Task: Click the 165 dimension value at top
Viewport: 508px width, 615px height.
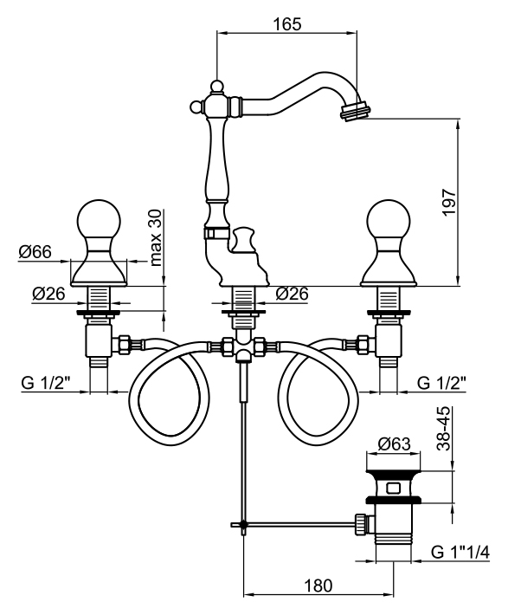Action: [x=287, y=24]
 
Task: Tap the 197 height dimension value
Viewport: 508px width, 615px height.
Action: [x=449, y=202]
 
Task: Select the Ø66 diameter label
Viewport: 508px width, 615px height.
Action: [x=35, y=252]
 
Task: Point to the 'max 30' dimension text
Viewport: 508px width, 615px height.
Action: [x=156, y=238]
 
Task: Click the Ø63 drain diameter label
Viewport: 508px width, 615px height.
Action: [x=394, y=443]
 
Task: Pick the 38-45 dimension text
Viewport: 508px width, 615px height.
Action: [x=443, y=429]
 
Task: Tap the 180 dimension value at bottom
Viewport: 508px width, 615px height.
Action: [x=318, y=586]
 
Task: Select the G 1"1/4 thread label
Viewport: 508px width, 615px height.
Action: [x=460, y=553]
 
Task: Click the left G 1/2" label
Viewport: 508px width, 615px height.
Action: [x=46, y=383]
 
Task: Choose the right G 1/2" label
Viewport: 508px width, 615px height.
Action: [x=441, y=383]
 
